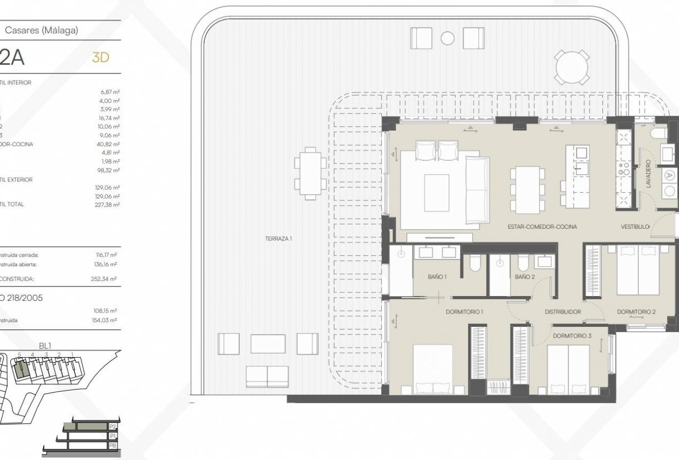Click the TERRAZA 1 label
(x=278, y=238)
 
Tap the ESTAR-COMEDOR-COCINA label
(x=542, y=227)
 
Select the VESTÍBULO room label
(x=635, y=227)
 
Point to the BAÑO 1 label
(x=437, y=277)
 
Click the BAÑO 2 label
(x=525, y=277)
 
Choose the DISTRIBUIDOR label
(x=563, y=312)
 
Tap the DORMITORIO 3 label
(x=573, y=336)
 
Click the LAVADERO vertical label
(x=648, y=173)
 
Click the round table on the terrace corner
(x=571, y=67)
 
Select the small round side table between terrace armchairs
(x=448, y=38)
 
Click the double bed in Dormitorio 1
(x=433, y=369)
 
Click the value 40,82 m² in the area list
(x=110, y=144)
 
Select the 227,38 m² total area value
(x=110, y=204)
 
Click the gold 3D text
(x=100, y=58)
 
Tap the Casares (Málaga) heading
(x=42, y=31)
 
